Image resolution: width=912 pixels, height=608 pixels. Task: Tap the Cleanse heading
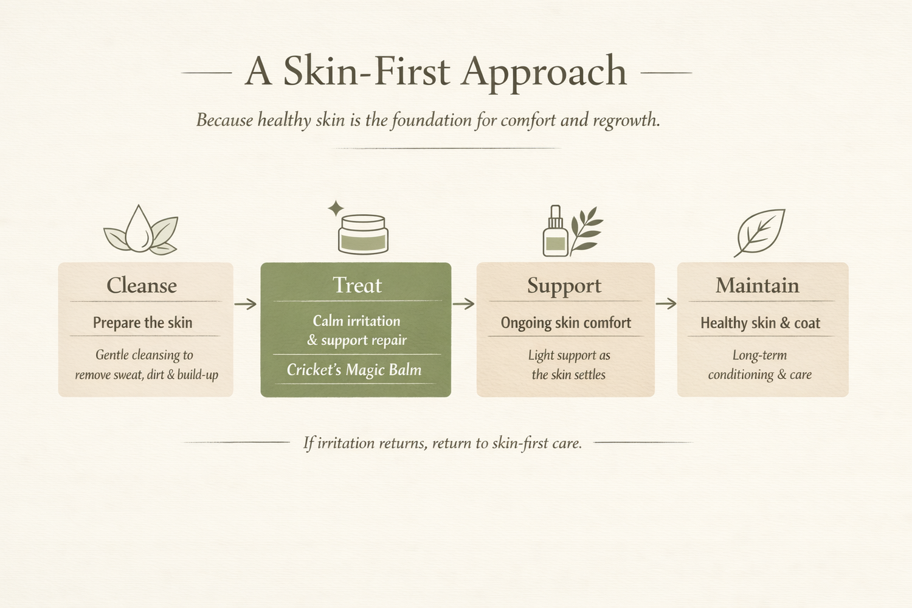click(142, 285)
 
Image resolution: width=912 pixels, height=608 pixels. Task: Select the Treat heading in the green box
click(357, 285)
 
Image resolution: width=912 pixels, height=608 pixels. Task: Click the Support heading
click(564, 286)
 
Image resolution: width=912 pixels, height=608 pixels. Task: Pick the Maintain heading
click(758, 285)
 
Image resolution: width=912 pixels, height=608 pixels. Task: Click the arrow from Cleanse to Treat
click(246, 304)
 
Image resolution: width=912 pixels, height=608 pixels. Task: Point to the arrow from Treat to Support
click(463, 303)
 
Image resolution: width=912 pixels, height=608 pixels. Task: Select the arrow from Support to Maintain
click(666, 303)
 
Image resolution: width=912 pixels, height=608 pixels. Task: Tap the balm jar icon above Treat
click(363, 235)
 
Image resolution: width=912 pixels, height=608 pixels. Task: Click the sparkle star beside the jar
click(336, 209)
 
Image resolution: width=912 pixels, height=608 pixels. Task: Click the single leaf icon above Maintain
click(760, 233)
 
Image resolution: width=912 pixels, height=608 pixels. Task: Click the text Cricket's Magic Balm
click(354, 370)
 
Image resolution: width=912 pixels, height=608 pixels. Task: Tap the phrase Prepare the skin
click(142, 323)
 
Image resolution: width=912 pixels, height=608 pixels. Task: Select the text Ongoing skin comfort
click(566, 323)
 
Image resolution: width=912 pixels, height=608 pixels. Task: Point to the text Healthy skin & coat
click(760, 323)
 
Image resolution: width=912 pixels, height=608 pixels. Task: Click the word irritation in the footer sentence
click(345, 443)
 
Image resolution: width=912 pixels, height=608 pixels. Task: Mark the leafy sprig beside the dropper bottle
click(586, 230)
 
